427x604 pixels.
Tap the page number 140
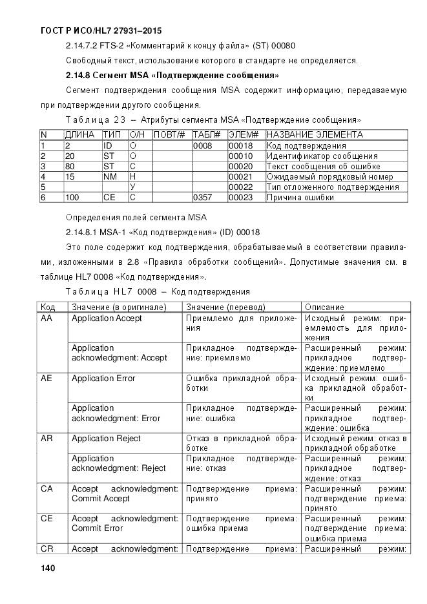tap(48, 568)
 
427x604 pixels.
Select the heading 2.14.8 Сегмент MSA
tap(167, 75)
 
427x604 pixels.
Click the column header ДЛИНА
tap(80, 135)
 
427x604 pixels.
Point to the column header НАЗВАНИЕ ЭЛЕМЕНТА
tap(315, 135)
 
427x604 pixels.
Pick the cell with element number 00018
tap(240, 146)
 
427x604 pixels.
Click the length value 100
tap(72, 198)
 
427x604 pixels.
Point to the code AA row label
tap(47, 318)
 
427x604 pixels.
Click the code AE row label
tap(47, 379)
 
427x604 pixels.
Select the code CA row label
tap(47, 489)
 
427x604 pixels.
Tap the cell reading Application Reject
tap(106, 439)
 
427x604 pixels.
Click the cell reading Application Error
tap(103, 379)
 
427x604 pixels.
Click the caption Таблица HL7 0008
tap(158, 292)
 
